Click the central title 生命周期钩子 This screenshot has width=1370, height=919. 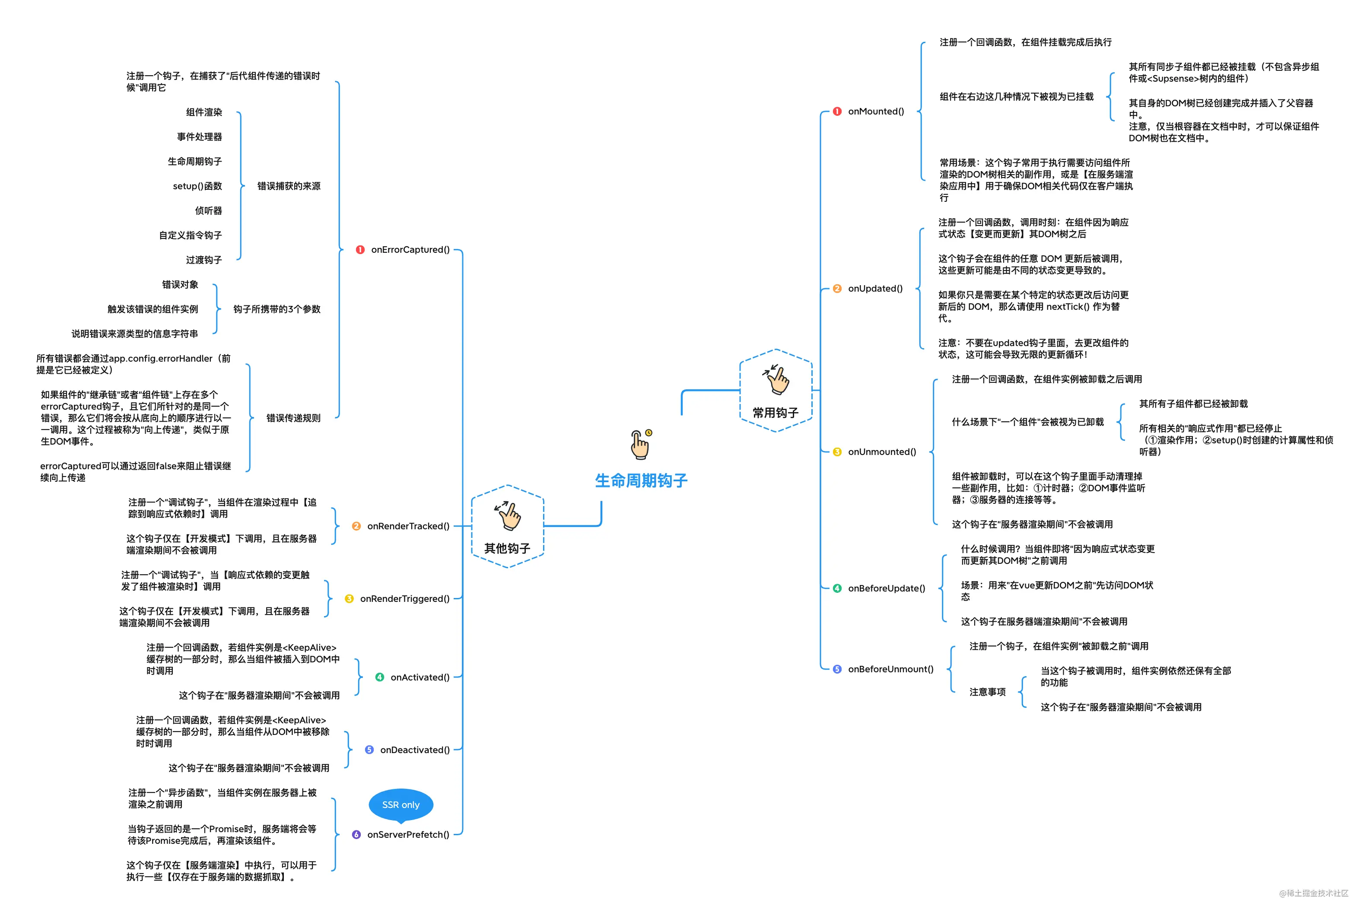[x=641, y=480]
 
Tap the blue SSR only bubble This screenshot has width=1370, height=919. [x=401, y=805]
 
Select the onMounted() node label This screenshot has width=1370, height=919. [x=876, y=111]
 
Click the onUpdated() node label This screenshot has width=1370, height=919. [x=875, y=288]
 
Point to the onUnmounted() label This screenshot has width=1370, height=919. [x=882, y=452]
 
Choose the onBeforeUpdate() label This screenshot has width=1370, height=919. [x=887, y=588]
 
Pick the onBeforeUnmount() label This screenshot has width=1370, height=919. [x=891, y=669]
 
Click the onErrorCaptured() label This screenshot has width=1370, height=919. [x=410, y=250]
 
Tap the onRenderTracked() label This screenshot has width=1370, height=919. [x=408, y=526]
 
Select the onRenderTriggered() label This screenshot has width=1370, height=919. [x=405, y=599]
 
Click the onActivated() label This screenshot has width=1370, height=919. [x=420, y=677]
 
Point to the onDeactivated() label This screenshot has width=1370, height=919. [x=415, y=750]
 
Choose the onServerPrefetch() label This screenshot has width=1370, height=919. [x=408, y=835]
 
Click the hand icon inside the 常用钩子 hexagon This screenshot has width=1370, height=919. [x=777, y=379]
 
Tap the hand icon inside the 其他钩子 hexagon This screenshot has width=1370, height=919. [x=508, y=515]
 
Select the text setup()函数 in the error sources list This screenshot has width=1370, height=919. [x=197, y=186]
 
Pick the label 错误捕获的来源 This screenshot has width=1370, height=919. [x=289, y=186]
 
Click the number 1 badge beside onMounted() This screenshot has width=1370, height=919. [x=837, y=111]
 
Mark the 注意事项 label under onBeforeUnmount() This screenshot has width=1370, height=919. [x=987, y=692]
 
